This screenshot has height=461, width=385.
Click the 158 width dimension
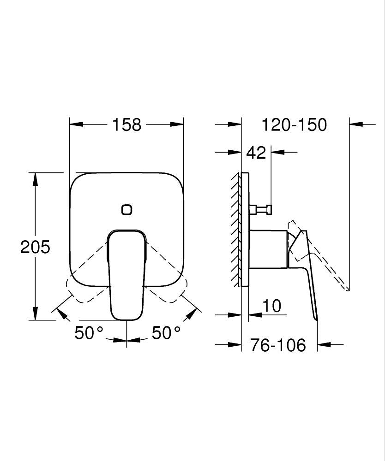[126, 124]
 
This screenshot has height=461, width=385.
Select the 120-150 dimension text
[294, 124]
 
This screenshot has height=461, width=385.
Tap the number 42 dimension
[256, 152]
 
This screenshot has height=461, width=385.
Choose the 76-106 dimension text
[278, 345]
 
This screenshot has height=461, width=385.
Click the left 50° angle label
[89, 333]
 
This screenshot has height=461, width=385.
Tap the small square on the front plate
[126, 210]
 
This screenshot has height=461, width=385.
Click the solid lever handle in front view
[126, 277]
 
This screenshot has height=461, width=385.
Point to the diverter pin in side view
[261, 210]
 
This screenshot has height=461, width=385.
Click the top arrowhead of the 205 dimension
[35, 177]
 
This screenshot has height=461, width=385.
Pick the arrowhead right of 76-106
[323, 344]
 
